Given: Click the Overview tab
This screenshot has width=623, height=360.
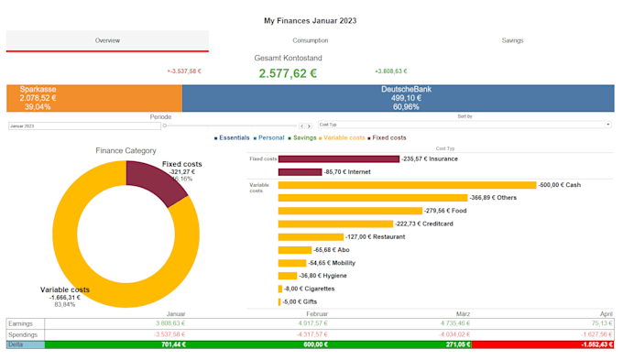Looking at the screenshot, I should coord(107,40).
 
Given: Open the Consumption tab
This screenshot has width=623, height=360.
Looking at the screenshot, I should coord(311,40).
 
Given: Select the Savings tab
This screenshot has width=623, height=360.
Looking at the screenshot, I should coord(512,40).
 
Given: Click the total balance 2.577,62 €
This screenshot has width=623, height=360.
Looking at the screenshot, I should coord(288,73).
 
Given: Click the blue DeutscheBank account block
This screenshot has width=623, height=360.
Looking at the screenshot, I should coord(398,98).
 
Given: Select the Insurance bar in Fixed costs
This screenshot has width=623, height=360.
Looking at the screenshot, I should coord(338,158).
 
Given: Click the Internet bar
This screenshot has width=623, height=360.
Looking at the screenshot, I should coord(300,171).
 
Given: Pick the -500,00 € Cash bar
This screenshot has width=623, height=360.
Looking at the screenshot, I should coord(406,185).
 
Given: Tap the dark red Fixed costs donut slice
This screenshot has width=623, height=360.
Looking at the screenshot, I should coord(146,171).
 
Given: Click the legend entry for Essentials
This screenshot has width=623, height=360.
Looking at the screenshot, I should coord(235,137).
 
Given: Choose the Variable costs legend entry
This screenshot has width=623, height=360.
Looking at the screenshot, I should coord(344,137).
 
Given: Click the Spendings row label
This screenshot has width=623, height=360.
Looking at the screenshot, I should coord(23,333).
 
